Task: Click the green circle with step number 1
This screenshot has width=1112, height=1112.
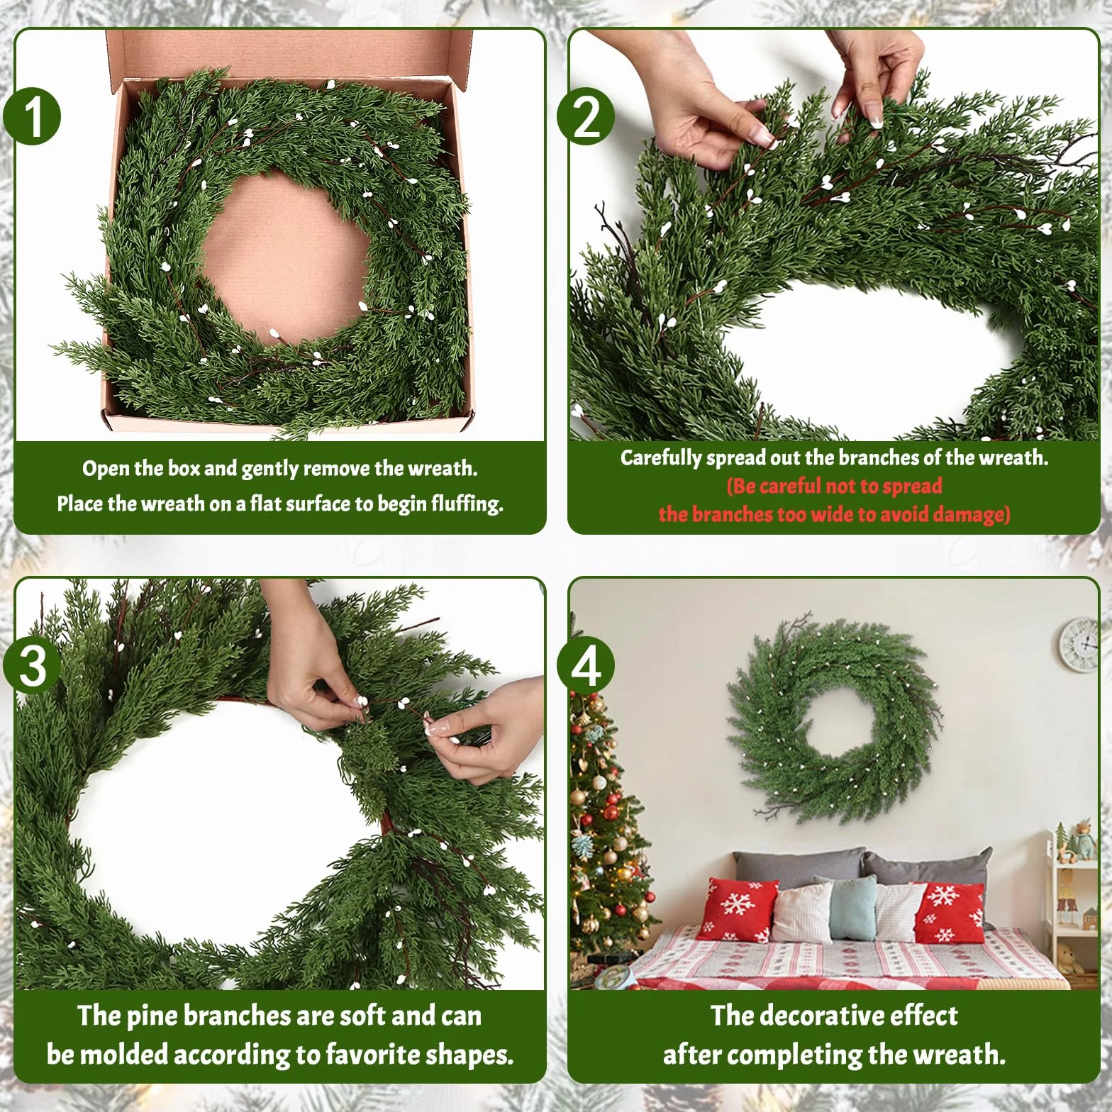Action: tap(33, 116)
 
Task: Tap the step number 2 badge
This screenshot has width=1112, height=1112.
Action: tap(586, 116)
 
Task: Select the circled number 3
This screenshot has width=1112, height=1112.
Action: tap(33, 666)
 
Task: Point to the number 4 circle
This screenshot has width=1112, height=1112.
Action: tap(586, 666)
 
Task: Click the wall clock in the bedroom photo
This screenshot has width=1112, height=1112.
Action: tap(1079, 645)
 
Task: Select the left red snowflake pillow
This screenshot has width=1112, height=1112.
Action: tap(738, 909)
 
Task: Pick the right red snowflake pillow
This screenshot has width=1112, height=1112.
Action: tap(949, 912)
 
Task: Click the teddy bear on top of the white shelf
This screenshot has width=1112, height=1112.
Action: tap(1081, 841)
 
